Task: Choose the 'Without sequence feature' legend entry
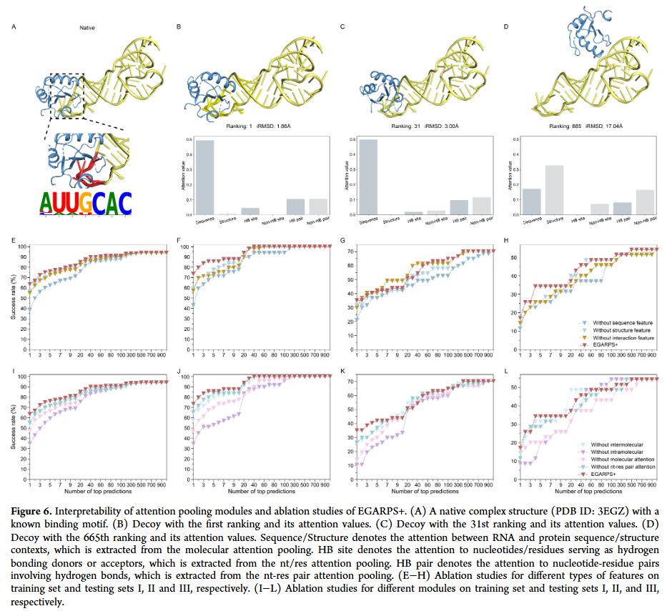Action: (618, 322)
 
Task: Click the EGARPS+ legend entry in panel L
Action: (606, 473)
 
